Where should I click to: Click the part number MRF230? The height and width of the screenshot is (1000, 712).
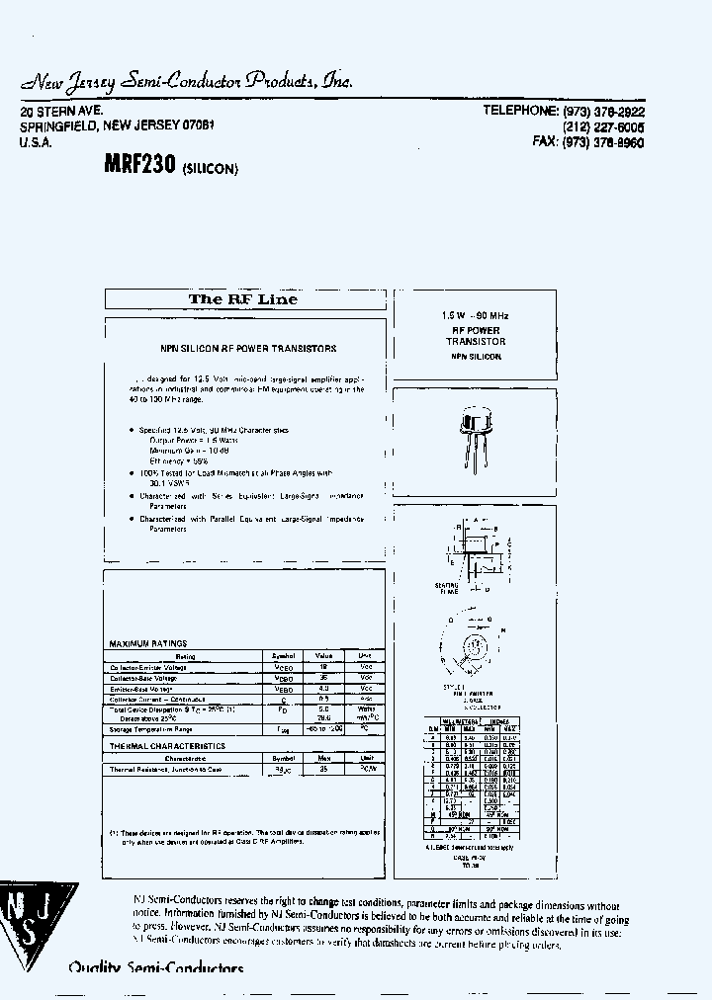139,166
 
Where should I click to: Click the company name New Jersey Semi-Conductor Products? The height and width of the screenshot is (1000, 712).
187,82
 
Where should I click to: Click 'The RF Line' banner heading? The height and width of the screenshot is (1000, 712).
243,299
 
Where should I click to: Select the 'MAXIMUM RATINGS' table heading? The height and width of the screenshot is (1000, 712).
147,643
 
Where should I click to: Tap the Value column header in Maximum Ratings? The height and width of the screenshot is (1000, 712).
323,655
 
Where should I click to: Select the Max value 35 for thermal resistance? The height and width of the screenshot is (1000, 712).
323,768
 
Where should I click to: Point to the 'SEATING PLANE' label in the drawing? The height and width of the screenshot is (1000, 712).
447,590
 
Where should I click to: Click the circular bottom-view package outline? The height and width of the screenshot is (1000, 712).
474,646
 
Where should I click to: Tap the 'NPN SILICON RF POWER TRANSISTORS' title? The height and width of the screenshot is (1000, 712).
248,348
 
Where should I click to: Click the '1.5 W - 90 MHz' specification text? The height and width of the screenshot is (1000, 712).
475,315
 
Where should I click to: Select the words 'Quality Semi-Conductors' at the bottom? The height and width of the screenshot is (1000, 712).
155,967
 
